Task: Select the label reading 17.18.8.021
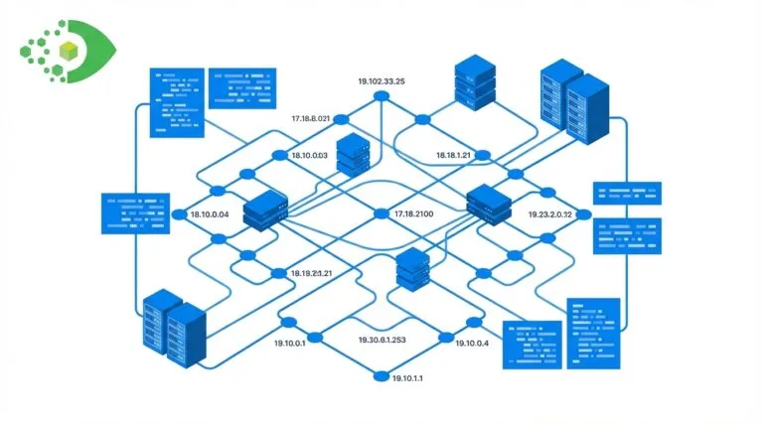point(310,119)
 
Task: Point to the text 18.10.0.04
point(210,214)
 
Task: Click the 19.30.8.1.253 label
point(381,340)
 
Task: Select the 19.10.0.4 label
point(471,343)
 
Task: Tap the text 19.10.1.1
point(407,377)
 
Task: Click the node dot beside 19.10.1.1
point(380,375)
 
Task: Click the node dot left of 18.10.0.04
point(180,214)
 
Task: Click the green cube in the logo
point(69,51)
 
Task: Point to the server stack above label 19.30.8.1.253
point(410,268)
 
